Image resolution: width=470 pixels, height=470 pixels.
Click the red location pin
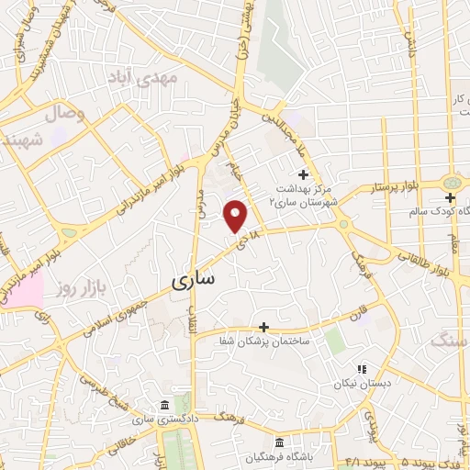(236, 216)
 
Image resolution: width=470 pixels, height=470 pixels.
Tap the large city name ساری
(194, 276)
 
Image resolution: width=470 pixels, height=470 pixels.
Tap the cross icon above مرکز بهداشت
(303, 174)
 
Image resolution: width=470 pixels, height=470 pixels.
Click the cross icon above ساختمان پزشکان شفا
(263, 327)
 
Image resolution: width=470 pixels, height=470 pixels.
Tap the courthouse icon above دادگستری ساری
(164, 406)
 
